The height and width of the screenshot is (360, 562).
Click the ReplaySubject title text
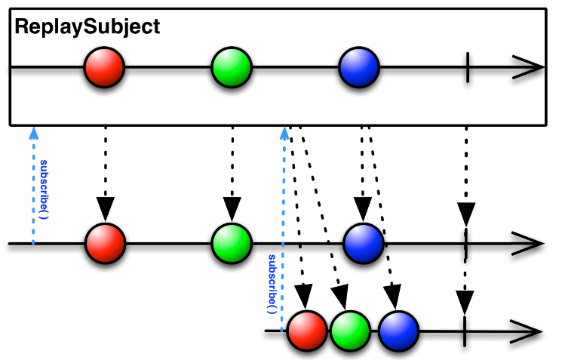[87, 27]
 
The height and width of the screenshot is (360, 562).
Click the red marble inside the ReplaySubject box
[104, 67]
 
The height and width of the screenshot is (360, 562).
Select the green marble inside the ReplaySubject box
[232, 67]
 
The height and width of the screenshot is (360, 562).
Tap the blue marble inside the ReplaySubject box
[359, 67]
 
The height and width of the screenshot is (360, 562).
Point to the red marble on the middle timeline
[106, 243]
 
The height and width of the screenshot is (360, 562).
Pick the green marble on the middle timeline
[232, 243]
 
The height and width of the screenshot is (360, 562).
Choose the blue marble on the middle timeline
[364, 243]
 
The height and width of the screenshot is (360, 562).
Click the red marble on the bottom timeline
[307, 331]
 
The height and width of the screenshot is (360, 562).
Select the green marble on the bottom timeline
[350, 331]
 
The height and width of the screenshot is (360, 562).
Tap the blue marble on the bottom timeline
[398, 331]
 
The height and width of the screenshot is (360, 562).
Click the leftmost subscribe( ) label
[44, 189]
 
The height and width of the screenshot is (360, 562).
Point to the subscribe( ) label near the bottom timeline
[272, 284]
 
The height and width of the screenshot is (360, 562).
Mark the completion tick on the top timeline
[468, 67]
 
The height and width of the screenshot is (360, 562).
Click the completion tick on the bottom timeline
[465, 331]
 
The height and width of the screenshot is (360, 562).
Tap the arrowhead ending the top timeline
[528, 67]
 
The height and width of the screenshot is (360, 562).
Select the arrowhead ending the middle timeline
[528, 244]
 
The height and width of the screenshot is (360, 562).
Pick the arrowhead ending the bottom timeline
[526, 331]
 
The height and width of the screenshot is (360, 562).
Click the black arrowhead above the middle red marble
[106, 209]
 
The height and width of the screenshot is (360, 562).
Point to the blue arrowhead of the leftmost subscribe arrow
[34, 134]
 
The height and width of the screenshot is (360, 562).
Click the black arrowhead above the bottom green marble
[341, 297]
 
